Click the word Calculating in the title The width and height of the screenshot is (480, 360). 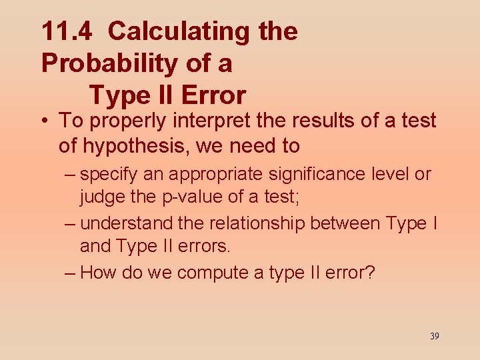[x=170, y=31]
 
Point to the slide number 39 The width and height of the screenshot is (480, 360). [x=434, y=336]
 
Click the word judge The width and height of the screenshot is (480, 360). [x=101, y=198]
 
